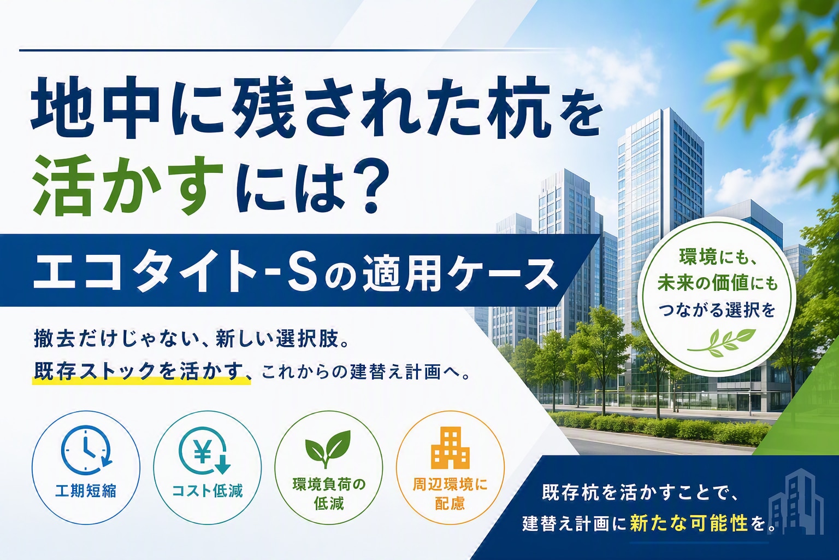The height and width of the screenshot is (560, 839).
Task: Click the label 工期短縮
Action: point(86,491)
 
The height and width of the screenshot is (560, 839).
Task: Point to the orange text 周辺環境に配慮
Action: point(450,494)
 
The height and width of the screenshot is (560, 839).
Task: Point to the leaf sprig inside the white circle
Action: point(717,341)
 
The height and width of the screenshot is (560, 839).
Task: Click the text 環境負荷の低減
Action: point(329,494)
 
